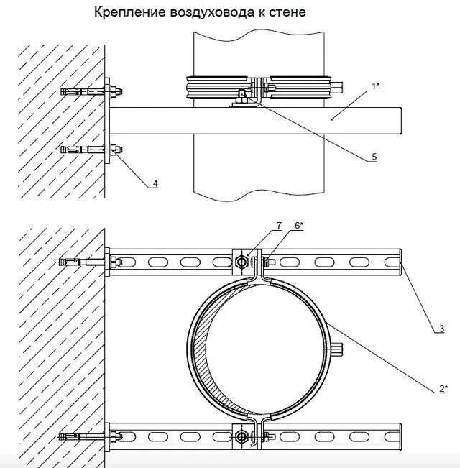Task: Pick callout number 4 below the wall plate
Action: coord(155,184)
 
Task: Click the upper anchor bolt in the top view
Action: coord(86,91)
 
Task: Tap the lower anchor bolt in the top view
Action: coord(86,150)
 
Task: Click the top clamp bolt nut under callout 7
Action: coord(241,263)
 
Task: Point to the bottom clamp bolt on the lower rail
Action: coord(241,436)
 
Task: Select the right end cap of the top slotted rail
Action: coord(398,262)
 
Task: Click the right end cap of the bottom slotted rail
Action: coord(398,436)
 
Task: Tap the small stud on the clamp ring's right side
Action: coord(339,349)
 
